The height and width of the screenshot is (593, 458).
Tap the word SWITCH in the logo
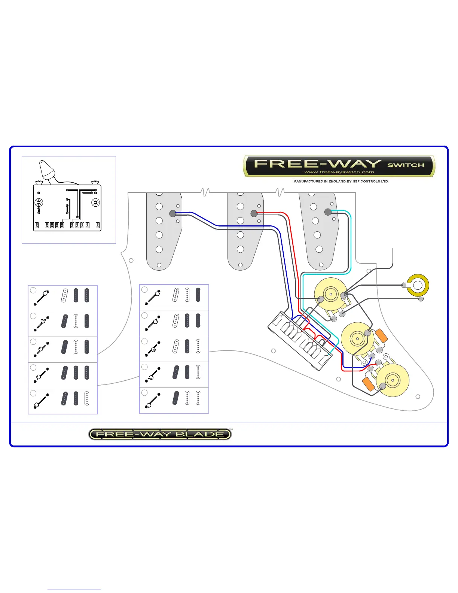[x=406, y=165]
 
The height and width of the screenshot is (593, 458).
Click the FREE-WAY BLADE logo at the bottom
[x=160, y=434]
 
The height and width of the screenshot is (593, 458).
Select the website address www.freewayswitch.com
[x=339, y=172]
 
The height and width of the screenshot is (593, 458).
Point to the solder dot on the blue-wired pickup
[x=172, y=213]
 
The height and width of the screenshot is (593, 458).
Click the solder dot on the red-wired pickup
[x=254, y=213]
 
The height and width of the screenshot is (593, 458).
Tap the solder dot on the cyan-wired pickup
[x=328, y=212]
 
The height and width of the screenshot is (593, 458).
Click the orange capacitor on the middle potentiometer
[x=381, y=335]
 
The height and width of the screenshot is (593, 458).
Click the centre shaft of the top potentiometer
[x=331, y=294]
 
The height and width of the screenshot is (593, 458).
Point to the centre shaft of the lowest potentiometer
[x=393, y=380]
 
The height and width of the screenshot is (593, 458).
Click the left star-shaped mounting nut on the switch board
[x=39, y=203]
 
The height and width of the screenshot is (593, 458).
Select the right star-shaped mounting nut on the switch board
[x=96, y=203]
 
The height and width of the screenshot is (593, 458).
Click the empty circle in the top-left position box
[x=33, y=290]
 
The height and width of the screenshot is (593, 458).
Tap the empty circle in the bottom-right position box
[x=144, y=393]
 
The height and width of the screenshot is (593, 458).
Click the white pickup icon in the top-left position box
[x=65, y=295]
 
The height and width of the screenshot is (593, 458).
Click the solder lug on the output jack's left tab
[x=404, y=285]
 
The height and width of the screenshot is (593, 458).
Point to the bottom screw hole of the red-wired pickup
[x=240, y=265]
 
